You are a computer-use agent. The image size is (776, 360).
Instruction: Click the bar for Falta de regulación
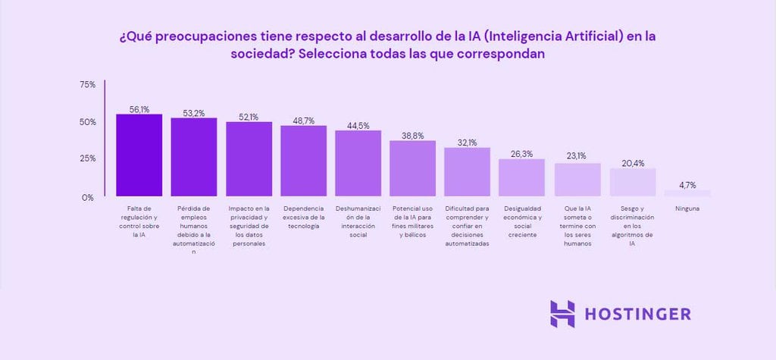coord(139,155)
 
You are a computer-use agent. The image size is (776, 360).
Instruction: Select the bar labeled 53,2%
coord(194,158)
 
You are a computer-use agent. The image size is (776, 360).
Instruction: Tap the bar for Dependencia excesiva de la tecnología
coord(304,161)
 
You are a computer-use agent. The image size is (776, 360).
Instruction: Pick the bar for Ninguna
coord(688,193)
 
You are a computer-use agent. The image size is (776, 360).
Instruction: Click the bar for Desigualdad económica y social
coord(522,177)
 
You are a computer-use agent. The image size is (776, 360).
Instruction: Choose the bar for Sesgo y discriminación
coord(633,182)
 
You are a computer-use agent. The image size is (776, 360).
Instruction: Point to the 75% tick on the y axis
coord(87,85)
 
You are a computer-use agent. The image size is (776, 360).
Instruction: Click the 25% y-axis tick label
coord(87,159)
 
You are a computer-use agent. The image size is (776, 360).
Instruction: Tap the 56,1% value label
coord(139,109)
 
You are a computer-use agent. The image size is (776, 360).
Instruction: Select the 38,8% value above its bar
coord(412,135)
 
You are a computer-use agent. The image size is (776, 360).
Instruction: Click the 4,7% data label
coord(688,184)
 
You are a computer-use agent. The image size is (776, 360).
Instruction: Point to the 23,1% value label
coord(577,157)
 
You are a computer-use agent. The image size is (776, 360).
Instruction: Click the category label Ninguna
coord(688,208)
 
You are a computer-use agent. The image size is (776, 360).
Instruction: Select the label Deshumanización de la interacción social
coord(358,221)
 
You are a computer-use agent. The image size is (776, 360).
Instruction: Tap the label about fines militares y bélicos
coord(413,221)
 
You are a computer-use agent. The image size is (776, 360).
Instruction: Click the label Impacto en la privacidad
coord(249,226)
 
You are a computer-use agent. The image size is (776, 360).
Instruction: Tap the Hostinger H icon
coord(562,314)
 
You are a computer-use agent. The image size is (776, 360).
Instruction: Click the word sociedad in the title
coord(261,55)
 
